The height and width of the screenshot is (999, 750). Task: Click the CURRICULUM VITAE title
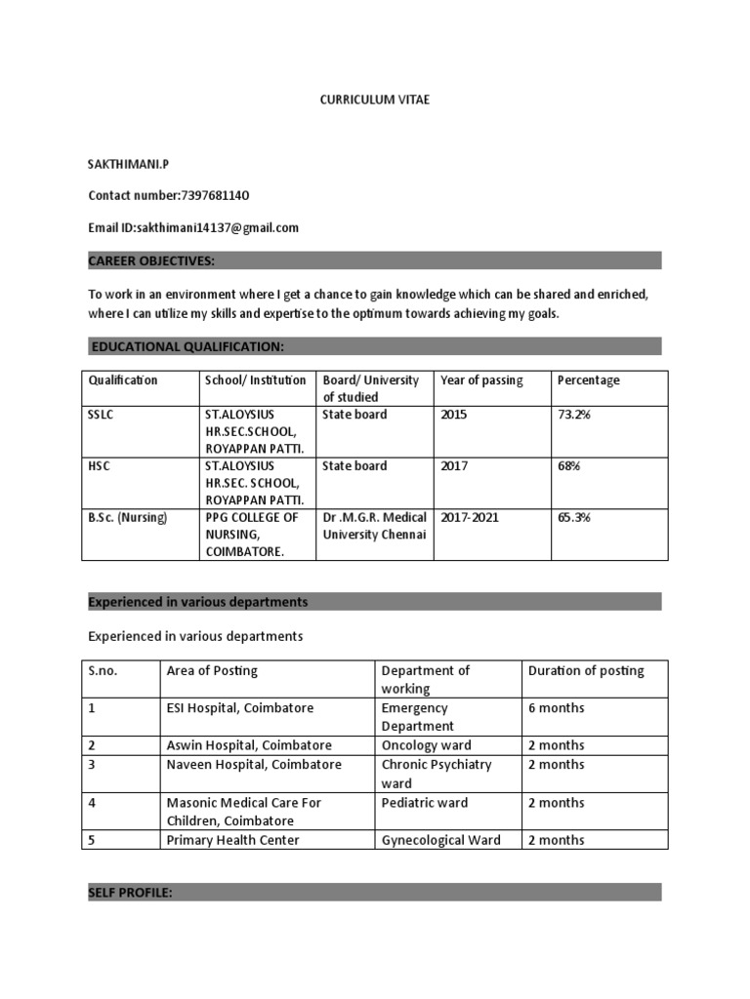(375, 100)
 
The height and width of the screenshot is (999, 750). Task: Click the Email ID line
(193, 227)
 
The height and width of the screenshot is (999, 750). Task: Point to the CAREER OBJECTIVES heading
(151, 260)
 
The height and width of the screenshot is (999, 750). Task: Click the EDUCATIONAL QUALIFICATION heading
(187, 346)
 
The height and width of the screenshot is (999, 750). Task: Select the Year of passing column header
(481, 380)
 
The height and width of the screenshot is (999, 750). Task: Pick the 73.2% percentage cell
(574, 415)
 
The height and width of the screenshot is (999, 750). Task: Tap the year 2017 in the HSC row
(454, 466)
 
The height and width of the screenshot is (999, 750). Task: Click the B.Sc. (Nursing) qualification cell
(128, 517)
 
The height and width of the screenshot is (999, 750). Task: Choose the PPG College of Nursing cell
(252, 535)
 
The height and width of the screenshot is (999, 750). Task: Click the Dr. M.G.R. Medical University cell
(375, 526)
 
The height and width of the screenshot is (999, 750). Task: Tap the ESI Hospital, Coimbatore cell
(240, 707)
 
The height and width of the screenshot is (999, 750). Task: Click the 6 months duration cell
(557, 707)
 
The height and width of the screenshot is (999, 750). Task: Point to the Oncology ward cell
(427, 745)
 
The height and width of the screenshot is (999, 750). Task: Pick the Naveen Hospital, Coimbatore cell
(254, 765)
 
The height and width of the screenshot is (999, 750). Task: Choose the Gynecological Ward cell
(440, 840)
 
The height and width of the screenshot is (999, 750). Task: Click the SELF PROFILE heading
(131, 892)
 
